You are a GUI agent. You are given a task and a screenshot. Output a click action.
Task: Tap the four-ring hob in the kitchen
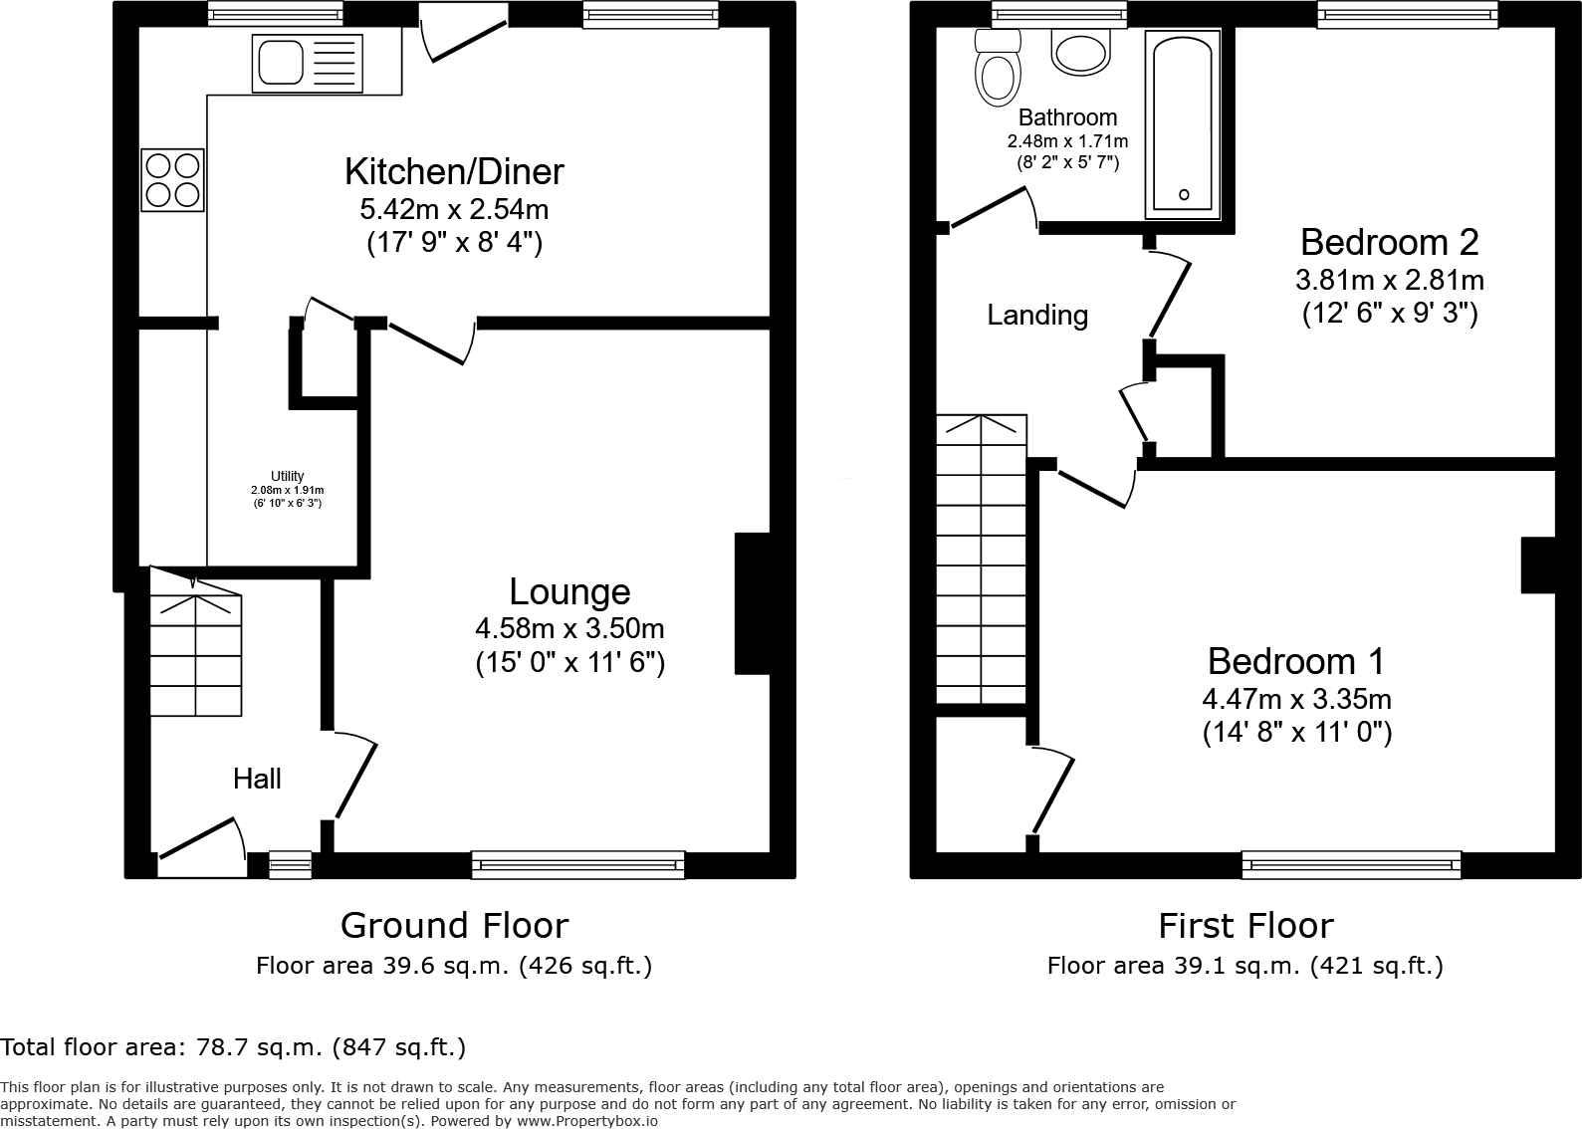(x=173, y=179)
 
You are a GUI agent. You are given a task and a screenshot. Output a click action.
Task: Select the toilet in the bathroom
(x=997, y=68)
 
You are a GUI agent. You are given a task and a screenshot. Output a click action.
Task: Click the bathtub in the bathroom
(x=1183, y=124)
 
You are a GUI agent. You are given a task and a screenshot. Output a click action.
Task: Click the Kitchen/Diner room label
(x=454, y=171)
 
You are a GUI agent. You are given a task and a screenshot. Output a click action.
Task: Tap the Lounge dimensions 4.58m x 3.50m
(x=569, y=629)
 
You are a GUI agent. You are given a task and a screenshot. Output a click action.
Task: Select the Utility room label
(x=287, y=476)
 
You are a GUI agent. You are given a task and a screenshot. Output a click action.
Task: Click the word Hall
(x=257, y=779)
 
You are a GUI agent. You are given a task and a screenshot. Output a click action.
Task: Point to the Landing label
(x=1036, y=315)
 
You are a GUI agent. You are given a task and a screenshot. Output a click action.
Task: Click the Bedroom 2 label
(x=1389, y=242)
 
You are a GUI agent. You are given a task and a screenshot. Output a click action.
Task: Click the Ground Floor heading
(x=454, y=925)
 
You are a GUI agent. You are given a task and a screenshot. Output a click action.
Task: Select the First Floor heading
(x=1244, y=925)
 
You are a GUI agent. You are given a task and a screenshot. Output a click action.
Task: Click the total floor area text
(x=233, y=1046)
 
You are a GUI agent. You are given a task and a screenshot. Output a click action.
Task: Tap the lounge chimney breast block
(x=753, y=604)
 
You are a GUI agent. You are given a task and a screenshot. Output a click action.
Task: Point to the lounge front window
(x=577, y=864)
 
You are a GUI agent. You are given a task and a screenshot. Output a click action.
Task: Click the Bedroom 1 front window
(x=1351, y=864)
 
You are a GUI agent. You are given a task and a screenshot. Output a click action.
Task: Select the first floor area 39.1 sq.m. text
(x=1244, y=965)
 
